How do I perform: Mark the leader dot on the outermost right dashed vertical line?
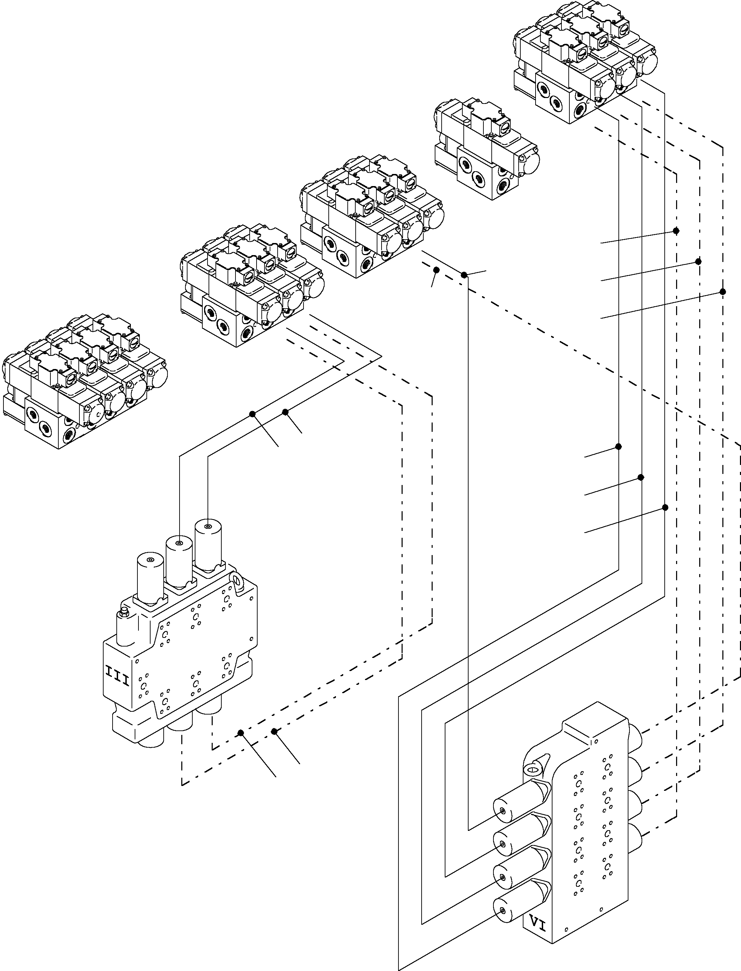click(722, 291)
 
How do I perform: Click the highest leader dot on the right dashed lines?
click(676, 231)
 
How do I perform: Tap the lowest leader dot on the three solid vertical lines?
click(665, 507)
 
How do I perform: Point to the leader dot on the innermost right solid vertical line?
click(618, 447)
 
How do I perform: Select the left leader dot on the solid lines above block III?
click(252, 414)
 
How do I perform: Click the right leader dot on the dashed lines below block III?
click(275, 731)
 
